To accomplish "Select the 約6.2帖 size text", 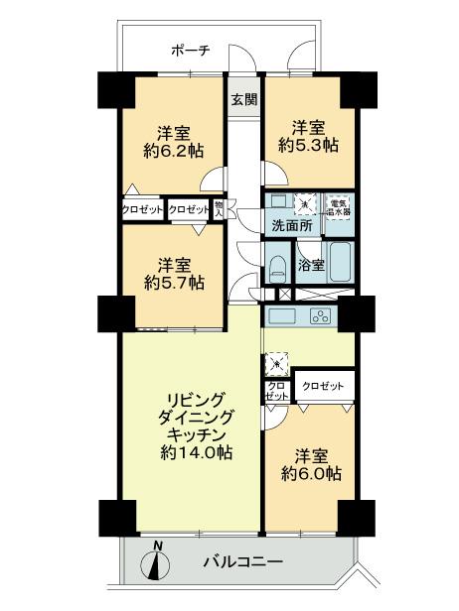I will [x=172, y=153].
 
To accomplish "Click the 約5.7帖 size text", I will [x=173, y=283].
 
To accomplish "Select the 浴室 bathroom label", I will [x=311, y=265].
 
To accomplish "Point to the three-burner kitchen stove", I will [x=321, y=316].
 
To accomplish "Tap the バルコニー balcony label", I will [x=242, y=561].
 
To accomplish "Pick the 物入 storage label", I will [x=221, y=209].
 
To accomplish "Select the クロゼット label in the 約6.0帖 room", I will [x=323, y=385].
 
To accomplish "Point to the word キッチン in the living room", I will [x=192, y=434].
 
